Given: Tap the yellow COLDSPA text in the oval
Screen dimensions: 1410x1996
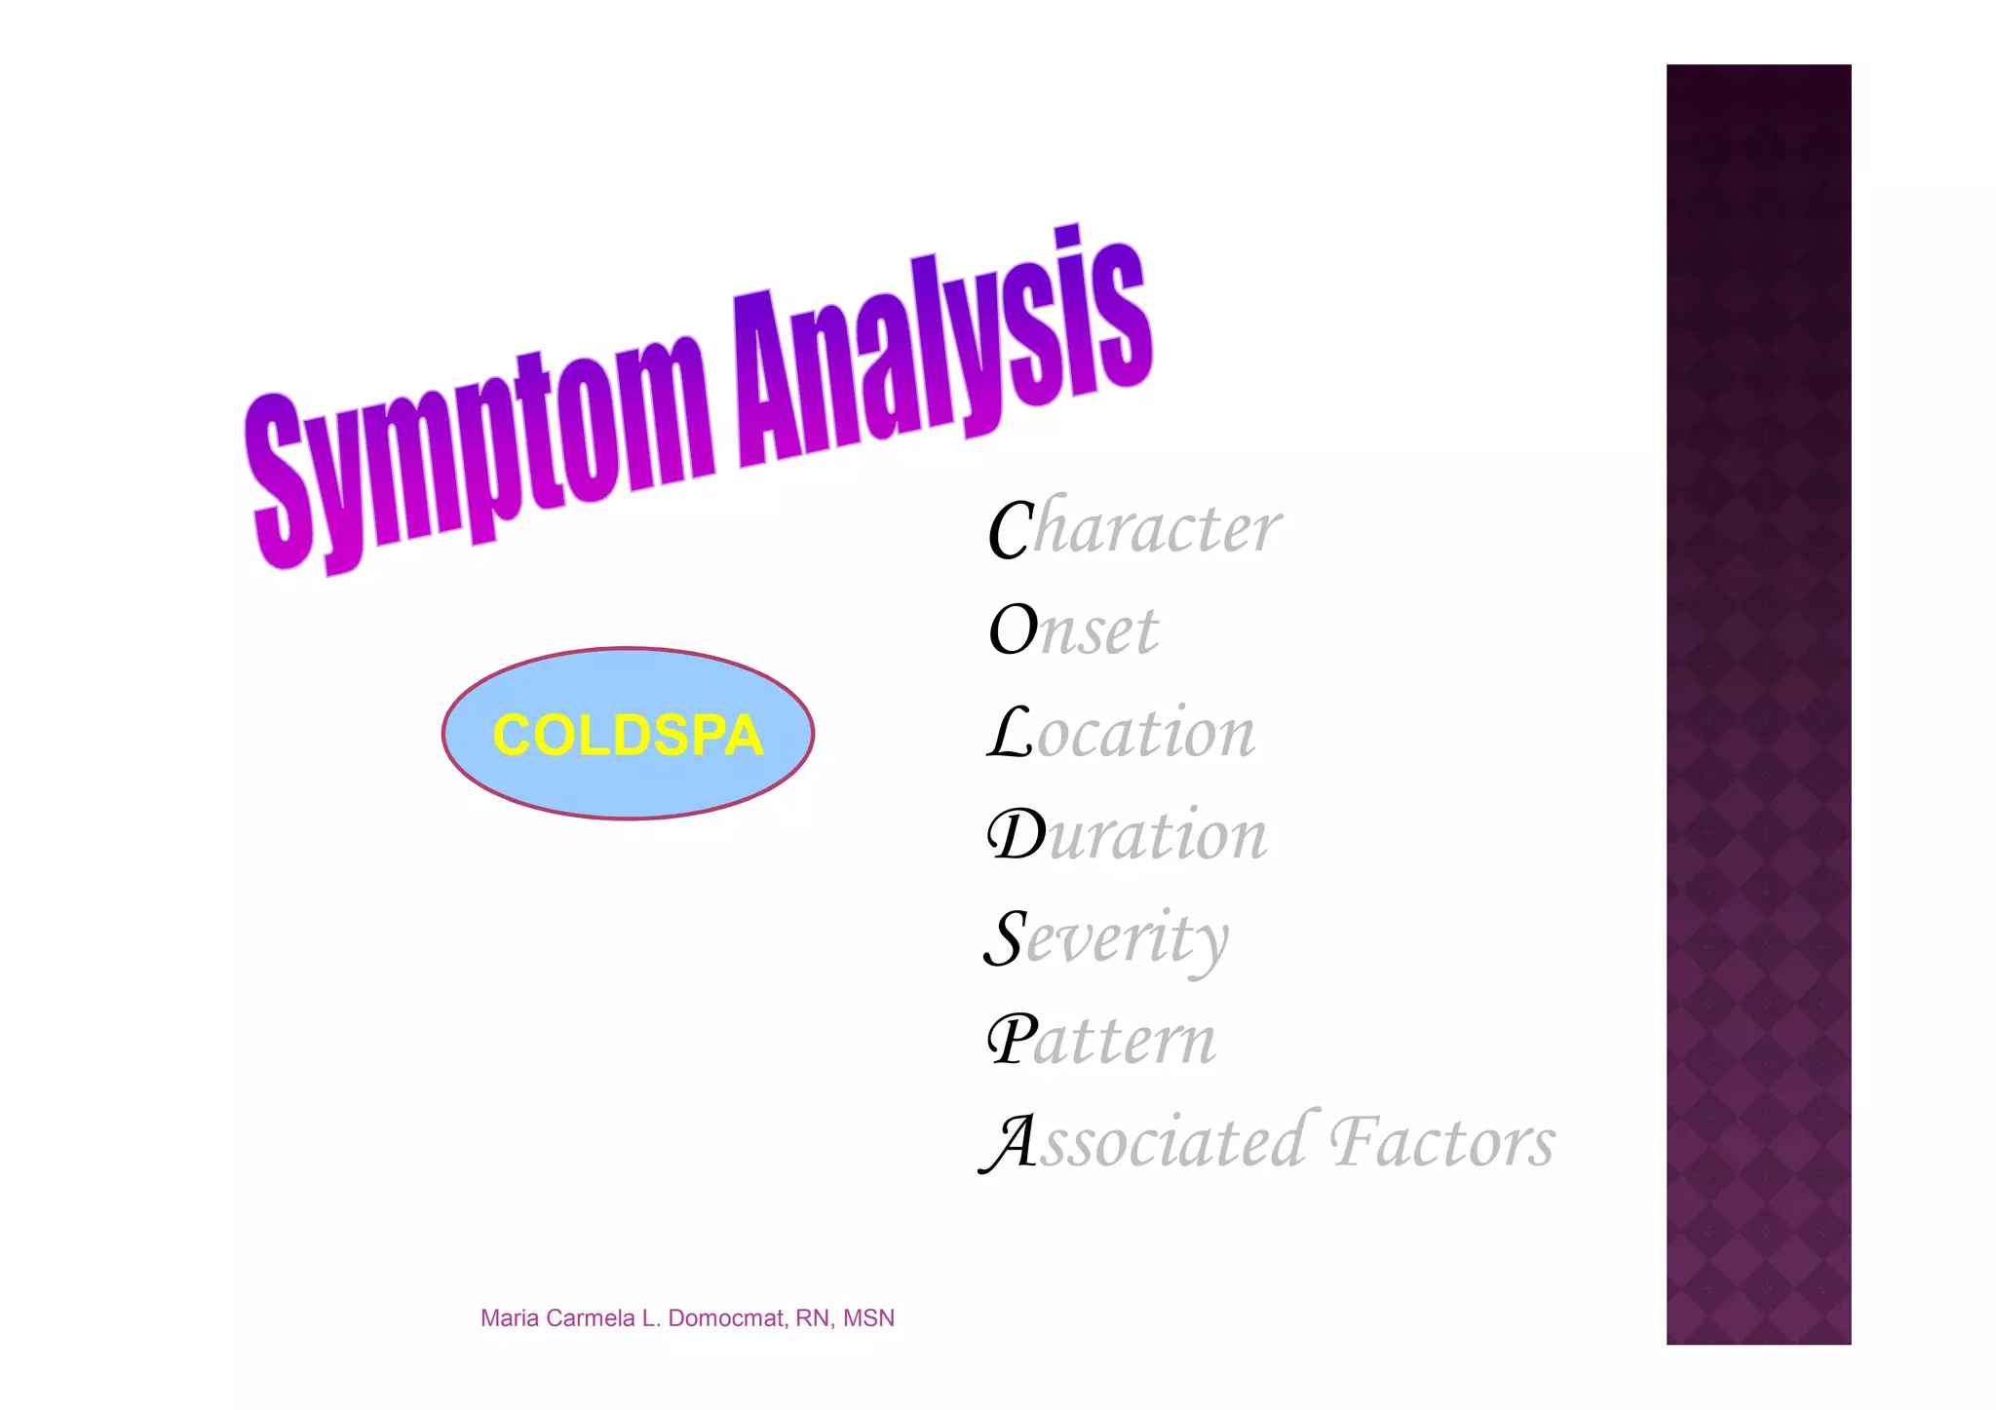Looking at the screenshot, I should click(x=628, y=735).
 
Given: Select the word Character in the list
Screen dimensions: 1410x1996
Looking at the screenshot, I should click(x=1134, y=528).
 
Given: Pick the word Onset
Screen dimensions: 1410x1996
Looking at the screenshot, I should click(x=1074, y=630).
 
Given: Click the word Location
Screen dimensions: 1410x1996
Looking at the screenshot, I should click(x=1122, y=733).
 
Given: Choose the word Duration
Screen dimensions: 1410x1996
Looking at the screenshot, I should click(x=1128, y=835).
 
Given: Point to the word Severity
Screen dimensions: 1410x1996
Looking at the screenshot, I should click(x=1107, y=938).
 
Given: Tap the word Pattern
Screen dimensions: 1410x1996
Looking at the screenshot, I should click(x=1102, y=1040).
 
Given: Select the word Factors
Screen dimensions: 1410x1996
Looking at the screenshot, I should click(x=1442, y=1141).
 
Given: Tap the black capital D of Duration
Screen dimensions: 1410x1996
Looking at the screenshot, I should click(x=1017, y=835).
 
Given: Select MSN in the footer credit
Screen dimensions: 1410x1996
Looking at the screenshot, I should click(x=868, y=1318).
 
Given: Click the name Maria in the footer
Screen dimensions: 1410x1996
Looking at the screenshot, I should click(x=510, y=1318).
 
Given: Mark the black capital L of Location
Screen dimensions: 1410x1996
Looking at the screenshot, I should click(x=1011, y=733).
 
